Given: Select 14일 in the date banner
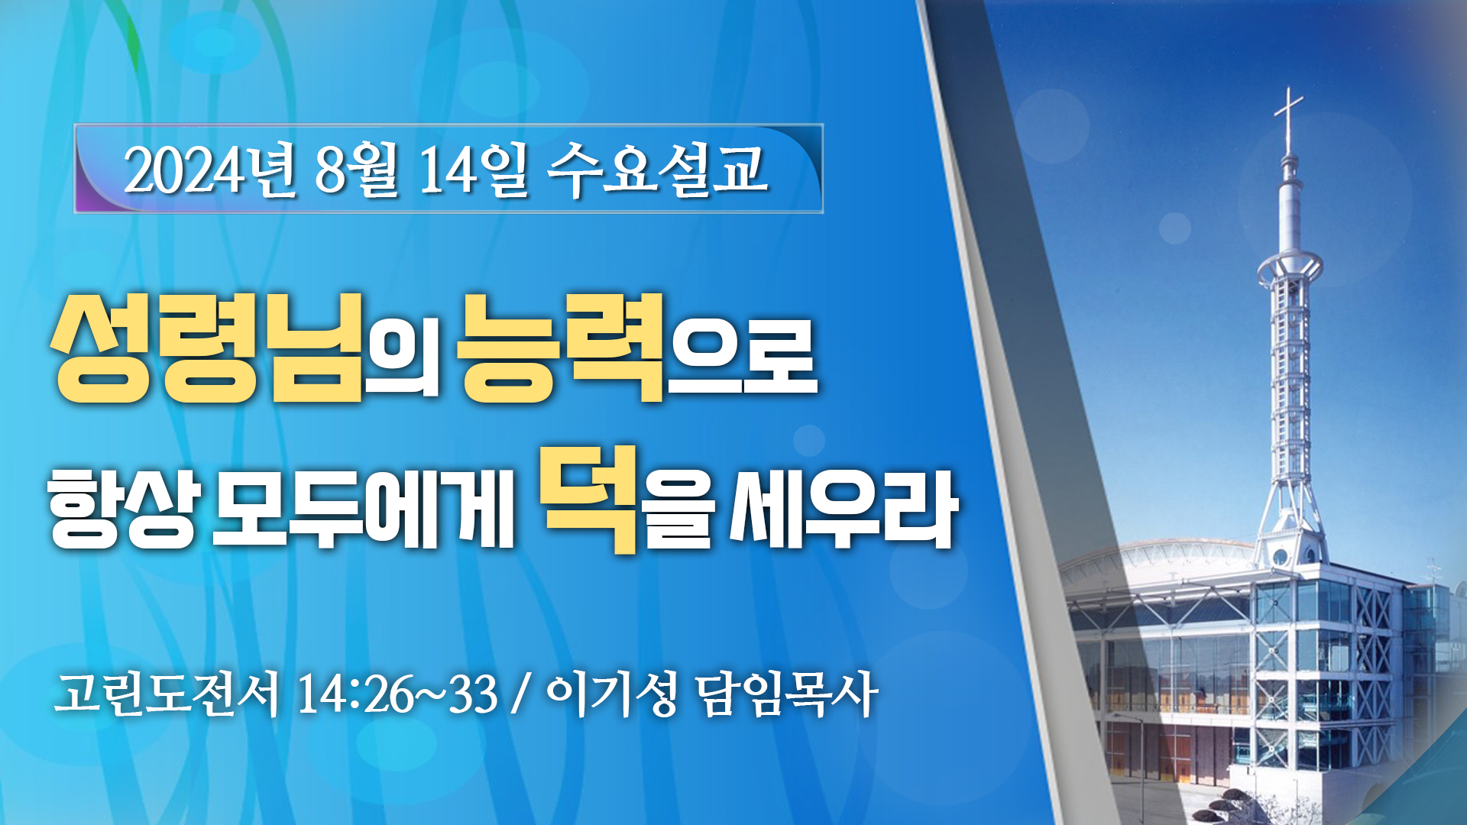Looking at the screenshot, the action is point(474,170).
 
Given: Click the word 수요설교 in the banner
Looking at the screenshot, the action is point(657,170).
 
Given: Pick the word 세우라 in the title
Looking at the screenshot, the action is point(844,508).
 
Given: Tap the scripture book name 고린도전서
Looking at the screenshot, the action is point(167,694).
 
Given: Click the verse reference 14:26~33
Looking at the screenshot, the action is point(397,694).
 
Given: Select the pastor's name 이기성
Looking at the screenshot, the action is point(612,694).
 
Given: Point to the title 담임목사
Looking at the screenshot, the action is point(787,694).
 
